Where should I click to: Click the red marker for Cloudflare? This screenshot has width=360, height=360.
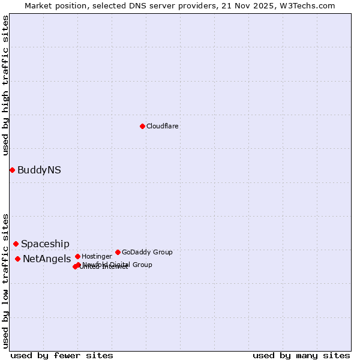142,126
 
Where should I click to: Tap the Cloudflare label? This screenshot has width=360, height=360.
162,126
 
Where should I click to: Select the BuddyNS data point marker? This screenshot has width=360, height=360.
12,170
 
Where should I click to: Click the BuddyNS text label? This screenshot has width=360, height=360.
39,170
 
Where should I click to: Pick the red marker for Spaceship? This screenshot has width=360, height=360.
16,244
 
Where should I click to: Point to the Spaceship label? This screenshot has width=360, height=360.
45,244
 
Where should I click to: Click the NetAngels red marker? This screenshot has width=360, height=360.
17,259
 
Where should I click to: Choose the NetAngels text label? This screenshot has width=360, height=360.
47,259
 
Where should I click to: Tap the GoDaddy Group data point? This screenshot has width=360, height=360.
118,252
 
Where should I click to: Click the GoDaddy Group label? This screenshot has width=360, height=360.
147,252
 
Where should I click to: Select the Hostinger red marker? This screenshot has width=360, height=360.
77,256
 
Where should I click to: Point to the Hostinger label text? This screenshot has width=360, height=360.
97,256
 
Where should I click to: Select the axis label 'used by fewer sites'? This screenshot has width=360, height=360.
62,355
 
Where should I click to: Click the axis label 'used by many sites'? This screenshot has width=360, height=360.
301,355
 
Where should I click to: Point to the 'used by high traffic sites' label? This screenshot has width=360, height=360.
5,85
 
